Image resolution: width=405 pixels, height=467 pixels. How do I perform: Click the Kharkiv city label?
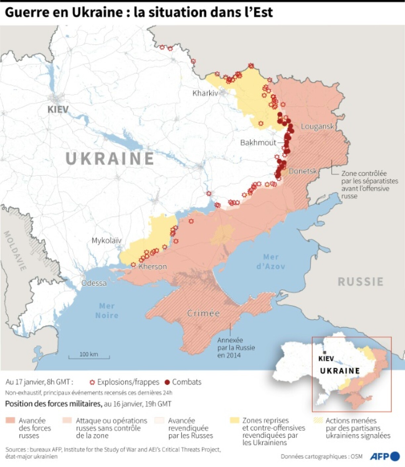pos(205,93)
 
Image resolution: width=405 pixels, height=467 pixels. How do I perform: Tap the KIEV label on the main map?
pos(58,109)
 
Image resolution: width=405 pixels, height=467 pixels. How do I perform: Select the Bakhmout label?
pos(258,143)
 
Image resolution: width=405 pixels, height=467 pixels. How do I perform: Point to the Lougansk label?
pos(317,126)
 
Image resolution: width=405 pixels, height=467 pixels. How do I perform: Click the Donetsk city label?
pos(302,171)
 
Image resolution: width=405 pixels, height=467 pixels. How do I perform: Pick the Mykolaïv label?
pos(106,240)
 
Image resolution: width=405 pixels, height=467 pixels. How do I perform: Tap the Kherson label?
pos(153,266)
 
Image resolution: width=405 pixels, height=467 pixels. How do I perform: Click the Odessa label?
pos(94,283)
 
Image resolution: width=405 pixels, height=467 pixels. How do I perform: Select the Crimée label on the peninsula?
pos(203,313)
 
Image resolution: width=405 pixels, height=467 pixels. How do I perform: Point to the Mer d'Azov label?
pos(271,261)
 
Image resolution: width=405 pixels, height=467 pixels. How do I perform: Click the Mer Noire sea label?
pos(107,310)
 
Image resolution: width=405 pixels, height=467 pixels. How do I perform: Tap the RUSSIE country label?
pos(360,282)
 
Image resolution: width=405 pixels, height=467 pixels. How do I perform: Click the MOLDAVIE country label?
pos(15,251)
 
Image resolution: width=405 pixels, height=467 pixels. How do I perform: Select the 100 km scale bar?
pos(89,355)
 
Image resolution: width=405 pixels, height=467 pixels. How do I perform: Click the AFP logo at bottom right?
pos(384,456)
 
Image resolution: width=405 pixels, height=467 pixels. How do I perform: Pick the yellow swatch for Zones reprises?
pos(234,420)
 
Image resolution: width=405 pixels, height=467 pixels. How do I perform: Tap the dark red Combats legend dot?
pos(167,382)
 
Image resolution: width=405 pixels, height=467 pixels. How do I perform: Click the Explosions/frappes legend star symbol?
pos(92,382)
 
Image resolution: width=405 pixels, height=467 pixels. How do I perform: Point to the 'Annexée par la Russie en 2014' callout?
pos(236,348)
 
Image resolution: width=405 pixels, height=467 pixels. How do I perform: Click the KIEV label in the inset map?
pos(326,358)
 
